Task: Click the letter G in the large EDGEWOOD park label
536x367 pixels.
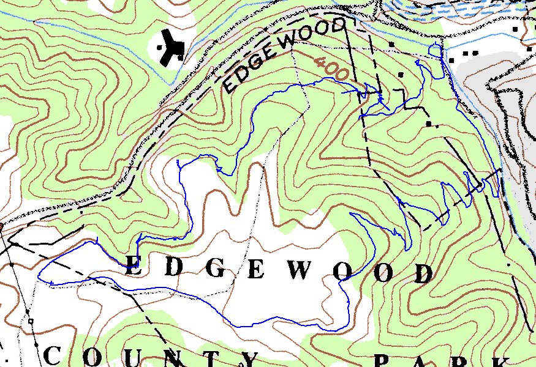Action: click(x=215, y=267)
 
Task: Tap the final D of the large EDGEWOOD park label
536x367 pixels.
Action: click(x=423, y=273)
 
